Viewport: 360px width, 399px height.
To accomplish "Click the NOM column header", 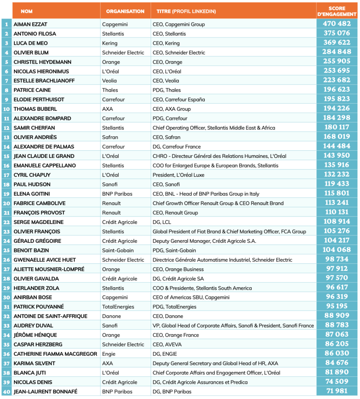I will (26, 11).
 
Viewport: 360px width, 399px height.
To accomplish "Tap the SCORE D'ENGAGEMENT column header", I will (337, 11).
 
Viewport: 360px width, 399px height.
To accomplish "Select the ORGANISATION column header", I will (125, 11).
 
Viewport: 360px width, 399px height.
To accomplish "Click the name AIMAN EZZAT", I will (30, 24).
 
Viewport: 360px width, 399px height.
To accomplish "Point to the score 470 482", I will (337, 24).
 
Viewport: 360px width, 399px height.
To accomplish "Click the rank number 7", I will (7, 81).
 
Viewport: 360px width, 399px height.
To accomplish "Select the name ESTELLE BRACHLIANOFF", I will (44, 81).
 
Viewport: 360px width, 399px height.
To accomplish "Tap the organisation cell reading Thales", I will (110, 90).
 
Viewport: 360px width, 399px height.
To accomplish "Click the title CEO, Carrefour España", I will (179, 99).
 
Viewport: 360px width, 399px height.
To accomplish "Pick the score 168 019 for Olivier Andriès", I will (337, 137).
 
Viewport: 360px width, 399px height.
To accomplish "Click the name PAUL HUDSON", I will (32, 184).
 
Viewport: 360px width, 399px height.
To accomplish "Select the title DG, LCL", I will (162, 222).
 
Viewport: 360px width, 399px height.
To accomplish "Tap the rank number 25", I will (7, 250).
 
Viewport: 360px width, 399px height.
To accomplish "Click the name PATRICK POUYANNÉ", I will (39, 307).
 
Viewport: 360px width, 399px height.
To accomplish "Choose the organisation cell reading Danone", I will (111, 316).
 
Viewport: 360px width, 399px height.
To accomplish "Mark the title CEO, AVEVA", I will (167, 344).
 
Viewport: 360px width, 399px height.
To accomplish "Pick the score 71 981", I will (337, 391).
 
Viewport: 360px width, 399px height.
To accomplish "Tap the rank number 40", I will (7, 392).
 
